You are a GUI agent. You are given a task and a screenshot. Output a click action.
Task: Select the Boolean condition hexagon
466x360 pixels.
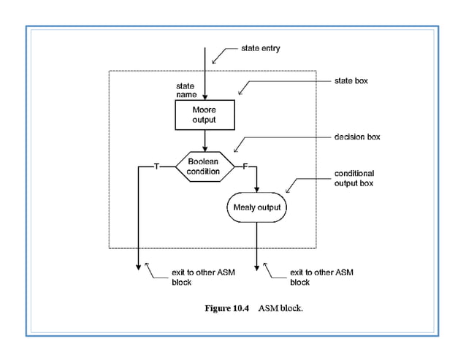click(x=204, y=166)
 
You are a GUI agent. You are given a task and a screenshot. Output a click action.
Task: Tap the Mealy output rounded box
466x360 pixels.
click(x=256, y=207)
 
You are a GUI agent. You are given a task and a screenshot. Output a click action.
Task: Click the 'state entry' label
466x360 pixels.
click(x=260, y=49)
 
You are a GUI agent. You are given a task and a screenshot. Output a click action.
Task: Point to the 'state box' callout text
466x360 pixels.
click(x=351, y=80)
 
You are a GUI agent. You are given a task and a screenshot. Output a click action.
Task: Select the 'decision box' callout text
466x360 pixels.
click(x=357, y=137)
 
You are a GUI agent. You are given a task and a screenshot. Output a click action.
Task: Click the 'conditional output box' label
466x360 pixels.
click(x=354, y=178)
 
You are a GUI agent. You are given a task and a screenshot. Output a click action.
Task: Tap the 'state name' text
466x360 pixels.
click(x=186, y=91)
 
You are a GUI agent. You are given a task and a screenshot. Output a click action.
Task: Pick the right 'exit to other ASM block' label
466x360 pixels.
click(x=321, y=277)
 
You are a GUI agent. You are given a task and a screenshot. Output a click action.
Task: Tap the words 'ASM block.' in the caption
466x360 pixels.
click(x=280, y=308)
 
